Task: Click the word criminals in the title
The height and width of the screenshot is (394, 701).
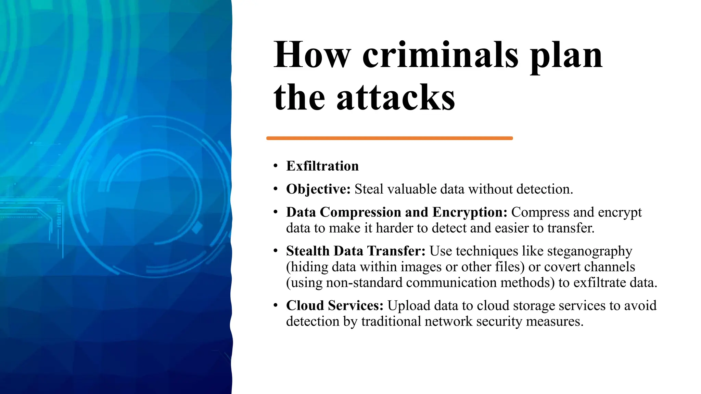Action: point(440,55)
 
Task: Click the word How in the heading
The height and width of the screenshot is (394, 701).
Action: point(312,55)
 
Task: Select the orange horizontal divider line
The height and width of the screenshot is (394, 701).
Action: point(389,138)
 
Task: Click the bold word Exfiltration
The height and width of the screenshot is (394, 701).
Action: point(322,166)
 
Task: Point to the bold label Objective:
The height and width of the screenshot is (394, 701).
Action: point(318,189)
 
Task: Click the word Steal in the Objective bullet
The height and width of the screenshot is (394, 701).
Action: point(369,189)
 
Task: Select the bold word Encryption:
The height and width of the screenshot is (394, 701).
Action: point(470,212)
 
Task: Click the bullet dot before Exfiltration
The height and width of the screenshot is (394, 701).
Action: point(276,166)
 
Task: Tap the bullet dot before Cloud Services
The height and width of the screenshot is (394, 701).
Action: point(276,305)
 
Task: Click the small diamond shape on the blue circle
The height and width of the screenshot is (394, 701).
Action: point(197,227)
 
